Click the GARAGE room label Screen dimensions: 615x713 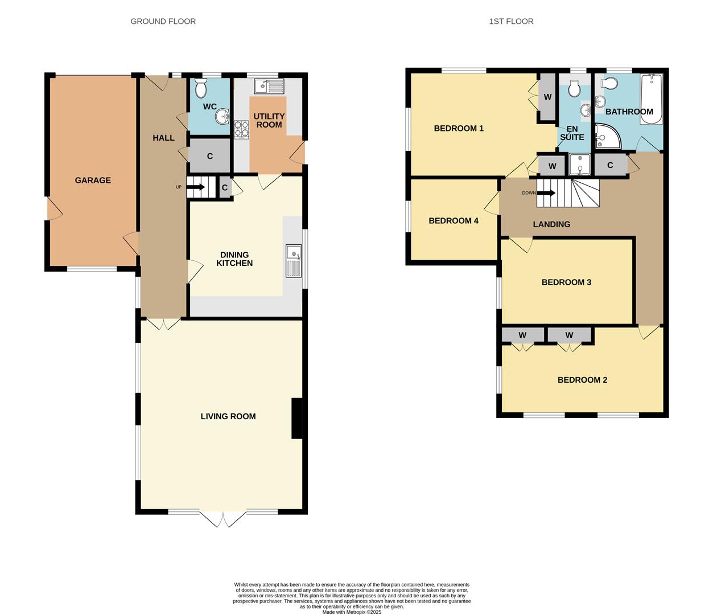(x=93, y=181)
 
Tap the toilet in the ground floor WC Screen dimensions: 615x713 (x=201, y=88)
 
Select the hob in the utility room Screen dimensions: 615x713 (x=241, y=129)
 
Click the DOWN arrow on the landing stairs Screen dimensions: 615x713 (x=547, y=192)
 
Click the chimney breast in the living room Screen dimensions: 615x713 (x=296, y=418)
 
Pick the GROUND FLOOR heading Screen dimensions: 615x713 (x=163, y=22)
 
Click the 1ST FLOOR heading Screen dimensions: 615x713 (x=511, y=22)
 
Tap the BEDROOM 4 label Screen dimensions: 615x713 (x=454, y=221)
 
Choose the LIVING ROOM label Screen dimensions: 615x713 (x=228, y=416)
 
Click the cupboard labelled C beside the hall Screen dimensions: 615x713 (x=209, y=156)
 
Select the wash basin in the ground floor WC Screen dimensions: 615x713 (x=221, y=117)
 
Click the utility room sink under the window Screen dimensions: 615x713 (x=269, y=86)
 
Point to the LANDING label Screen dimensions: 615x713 (x=551, y=224)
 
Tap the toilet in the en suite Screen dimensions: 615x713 (x=574, y=88)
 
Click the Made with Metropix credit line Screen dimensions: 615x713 (x=352, y=612)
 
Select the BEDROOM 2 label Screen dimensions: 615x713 (x=582, y=380)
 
